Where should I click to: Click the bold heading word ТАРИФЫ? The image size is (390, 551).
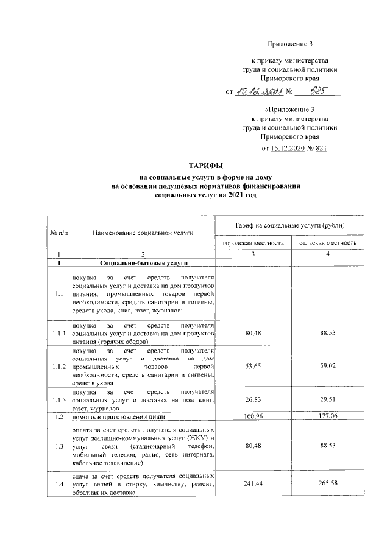(195, 165)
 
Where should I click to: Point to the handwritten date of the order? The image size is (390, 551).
(259, 91)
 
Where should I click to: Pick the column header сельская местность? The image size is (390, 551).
(328, 243)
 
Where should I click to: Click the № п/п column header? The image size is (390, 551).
(58, 232)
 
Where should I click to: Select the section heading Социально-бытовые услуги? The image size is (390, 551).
(143, 262)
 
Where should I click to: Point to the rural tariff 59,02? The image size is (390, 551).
(328, 367)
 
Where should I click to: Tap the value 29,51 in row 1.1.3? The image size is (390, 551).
(328, 401)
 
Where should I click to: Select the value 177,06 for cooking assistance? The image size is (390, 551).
(328, 418)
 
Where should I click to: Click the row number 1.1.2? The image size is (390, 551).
(58, 367)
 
